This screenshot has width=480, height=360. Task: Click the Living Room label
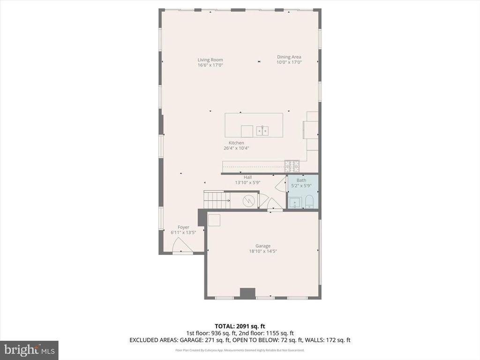(210, 60)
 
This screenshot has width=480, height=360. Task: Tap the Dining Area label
(289, 57)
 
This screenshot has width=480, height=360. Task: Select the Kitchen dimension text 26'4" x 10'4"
(236, 148)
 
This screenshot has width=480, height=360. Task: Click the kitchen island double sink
(262, 130)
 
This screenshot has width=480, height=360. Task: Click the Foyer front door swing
(181, 245)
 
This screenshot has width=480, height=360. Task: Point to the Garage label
(262, 246)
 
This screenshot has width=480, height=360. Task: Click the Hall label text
(247, 177)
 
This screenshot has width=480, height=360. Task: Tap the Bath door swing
(281, 184)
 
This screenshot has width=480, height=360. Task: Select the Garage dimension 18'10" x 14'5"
(262, 251)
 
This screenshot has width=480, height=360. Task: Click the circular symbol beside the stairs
(248, 201)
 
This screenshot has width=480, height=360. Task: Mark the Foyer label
(183, 227)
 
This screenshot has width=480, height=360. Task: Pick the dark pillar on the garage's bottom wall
(247, 293)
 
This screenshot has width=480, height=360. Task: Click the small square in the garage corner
(214, 220)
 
